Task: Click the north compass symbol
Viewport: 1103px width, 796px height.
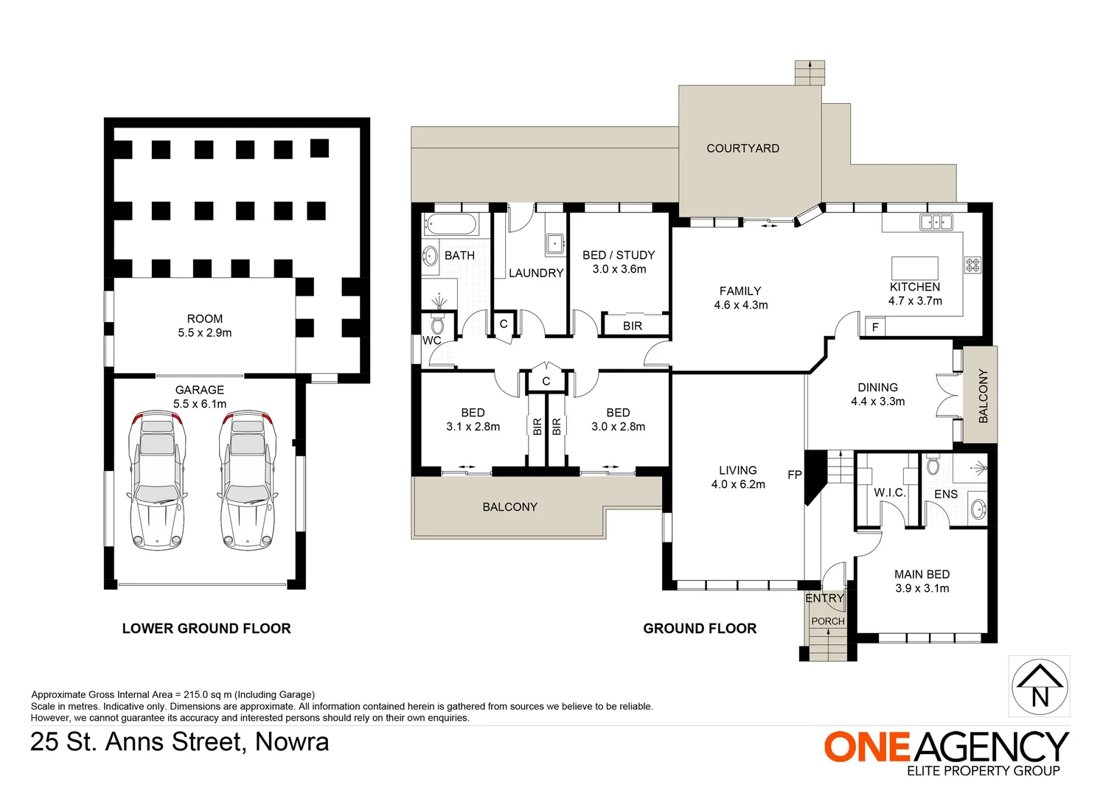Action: pos(1039,685)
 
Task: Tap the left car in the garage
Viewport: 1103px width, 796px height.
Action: pos(157,480)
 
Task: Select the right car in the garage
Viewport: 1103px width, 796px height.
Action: pos(248,480)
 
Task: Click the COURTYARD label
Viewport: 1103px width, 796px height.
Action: pos(742,148)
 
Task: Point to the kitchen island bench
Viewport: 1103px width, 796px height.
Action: pos(914,267)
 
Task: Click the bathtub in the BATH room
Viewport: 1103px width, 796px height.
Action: pos(450,224)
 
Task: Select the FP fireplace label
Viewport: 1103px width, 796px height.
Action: pos(794,475)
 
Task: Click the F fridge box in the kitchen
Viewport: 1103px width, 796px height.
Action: pos(874,327)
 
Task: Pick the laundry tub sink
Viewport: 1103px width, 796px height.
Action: pos(554,242)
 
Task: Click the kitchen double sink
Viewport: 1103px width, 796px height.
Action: pos(936,221)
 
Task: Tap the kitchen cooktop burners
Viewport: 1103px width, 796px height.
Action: pos(972,264)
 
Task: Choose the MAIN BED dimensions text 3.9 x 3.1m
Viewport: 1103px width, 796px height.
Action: pos(922,588)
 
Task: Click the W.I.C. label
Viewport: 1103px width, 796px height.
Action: pos(889,492)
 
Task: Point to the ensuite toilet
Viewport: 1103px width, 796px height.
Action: pos(933,465)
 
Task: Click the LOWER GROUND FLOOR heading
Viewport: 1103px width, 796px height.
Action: pos(206,629)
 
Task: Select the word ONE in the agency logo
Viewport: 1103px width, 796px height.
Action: pos(867,747)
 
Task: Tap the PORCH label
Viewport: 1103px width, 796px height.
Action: pos(827,621)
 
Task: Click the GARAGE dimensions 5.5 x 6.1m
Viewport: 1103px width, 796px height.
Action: pos(200,404)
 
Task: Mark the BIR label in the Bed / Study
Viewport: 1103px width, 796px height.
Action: pos(632,326)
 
